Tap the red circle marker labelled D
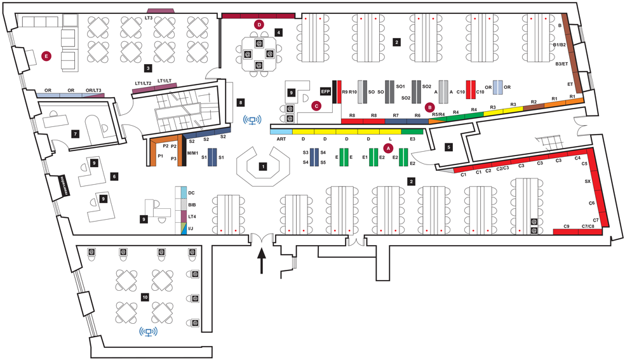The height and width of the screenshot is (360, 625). click(259, 23)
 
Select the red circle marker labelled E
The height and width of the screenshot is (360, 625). click(46, 56)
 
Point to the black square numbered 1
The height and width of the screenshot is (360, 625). click(262, 166)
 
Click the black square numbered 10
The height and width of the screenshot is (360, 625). click(145, 297)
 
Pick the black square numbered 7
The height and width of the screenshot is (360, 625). click(75, 134)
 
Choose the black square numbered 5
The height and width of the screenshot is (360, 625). click(448, 147)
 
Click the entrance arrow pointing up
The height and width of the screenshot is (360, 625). click(261, 260)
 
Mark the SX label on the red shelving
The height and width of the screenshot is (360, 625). click(588, 181)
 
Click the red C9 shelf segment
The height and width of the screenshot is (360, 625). click(565, 231)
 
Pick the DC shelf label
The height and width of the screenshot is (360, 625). click(191, 191)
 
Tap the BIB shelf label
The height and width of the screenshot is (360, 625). click(192, 204)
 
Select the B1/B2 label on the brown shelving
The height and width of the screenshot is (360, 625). click(559, 45)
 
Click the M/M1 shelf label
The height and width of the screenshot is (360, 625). click(192, 154)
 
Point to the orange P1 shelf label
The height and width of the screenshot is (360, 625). click(161, 156)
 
